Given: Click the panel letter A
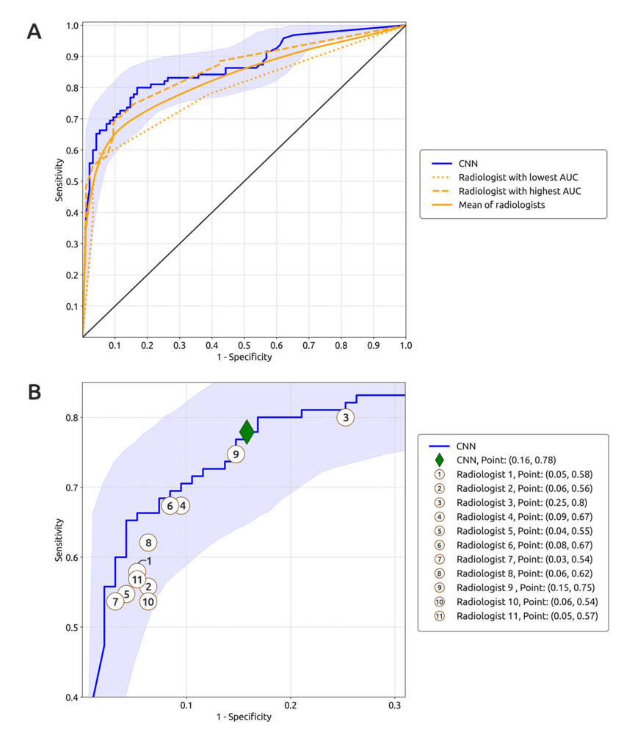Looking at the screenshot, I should pos(34,32).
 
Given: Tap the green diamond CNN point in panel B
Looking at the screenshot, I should pos(247,432).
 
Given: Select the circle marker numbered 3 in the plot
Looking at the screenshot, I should pos(346,417).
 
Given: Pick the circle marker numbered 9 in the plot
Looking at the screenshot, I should pos(236,455).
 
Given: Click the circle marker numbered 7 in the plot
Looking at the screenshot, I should pos(115,601).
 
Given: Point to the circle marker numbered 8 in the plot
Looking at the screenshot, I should pos(148,543).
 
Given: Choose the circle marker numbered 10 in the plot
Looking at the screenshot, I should pos(148,601).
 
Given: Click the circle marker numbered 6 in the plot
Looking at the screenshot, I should pos(170,506).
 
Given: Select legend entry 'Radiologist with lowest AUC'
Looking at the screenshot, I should pos(507,178).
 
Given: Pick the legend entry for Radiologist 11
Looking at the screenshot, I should pos(526,616).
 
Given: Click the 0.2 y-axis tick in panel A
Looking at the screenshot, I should pos(72,275).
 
